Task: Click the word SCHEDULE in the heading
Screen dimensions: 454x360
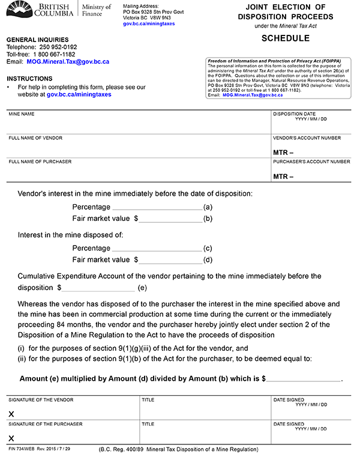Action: (x=285, y=38)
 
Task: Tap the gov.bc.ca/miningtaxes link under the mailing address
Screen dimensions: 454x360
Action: (x=147, y=23)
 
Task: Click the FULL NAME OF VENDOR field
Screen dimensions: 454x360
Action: (x=138, y=147)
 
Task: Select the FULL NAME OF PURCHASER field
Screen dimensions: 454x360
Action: (x=138, y=171)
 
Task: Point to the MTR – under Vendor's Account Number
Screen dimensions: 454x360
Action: (x=283, y=153)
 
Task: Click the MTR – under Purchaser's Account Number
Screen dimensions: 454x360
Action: (x=283, y=177)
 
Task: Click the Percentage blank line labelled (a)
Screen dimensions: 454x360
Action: (x=157, y=207)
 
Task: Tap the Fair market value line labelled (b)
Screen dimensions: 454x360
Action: (x=171, y=219)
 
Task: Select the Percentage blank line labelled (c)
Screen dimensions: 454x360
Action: (x=157, y=248)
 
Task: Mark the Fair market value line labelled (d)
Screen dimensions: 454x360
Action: (x=171, y=260)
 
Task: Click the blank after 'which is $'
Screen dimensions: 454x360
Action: (x=303, y=380)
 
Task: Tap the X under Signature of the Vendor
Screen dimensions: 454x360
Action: (x=11, y=414)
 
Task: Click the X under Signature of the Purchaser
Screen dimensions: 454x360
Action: (x=11, y=439)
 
